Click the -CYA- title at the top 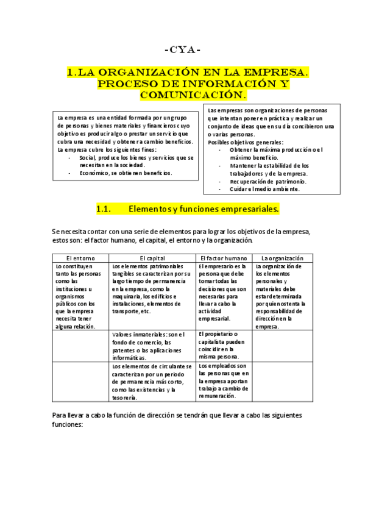click(182, 49)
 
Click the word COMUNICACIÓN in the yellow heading click(193, 95)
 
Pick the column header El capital click(152, 258)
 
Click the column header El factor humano click(224, 258)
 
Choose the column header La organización click(278, 258)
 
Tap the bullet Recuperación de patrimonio click(268, 181)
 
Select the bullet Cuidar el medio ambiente click(264, 189)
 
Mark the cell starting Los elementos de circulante click(152, 382)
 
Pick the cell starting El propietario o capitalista click(223, 345)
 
